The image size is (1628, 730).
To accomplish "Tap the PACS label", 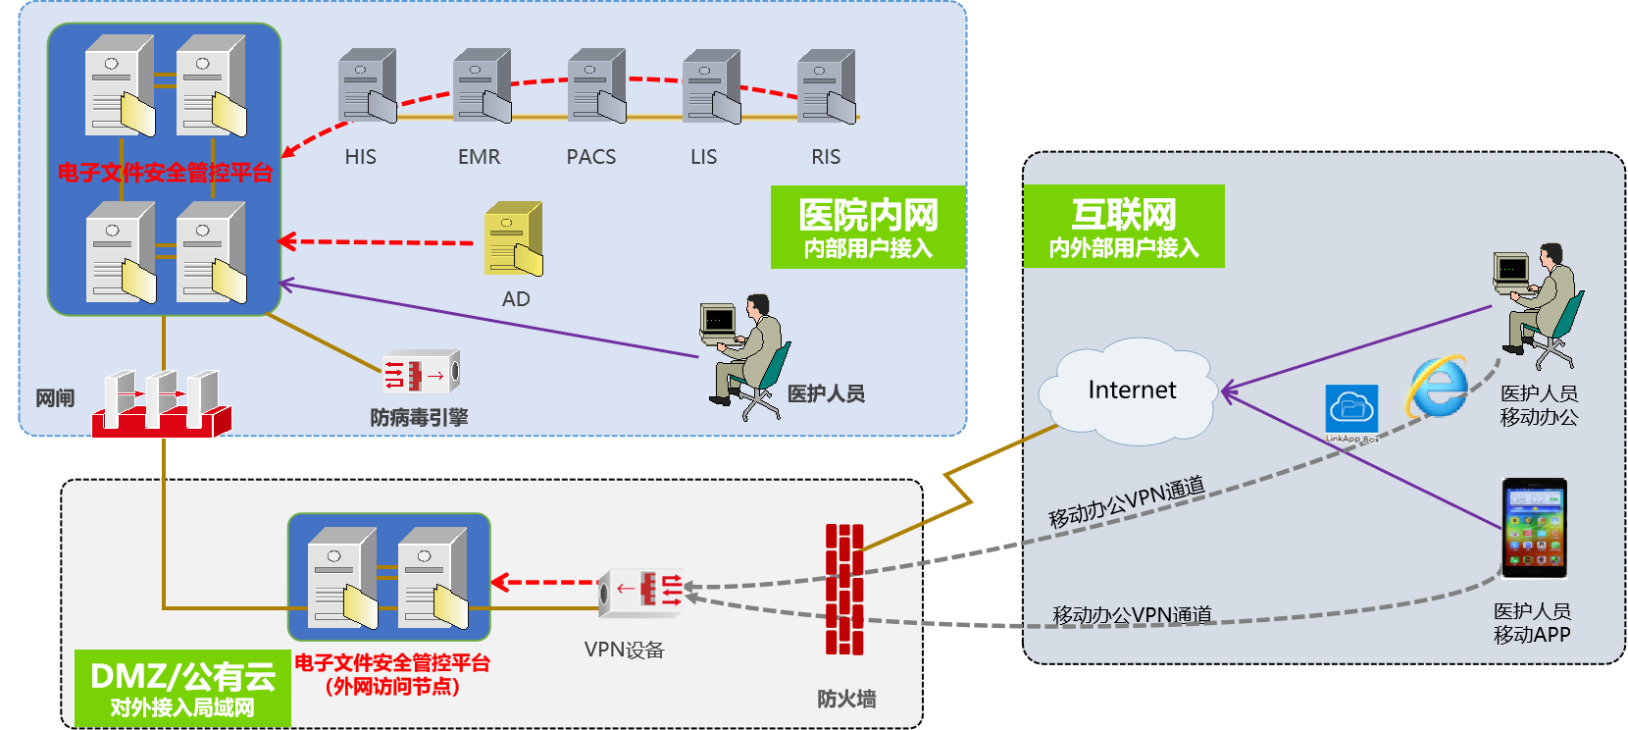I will coord(591,157).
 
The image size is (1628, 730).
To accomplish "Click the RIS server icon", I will coord(827,86).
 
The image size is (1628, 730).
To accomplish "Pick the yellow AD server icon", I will coord(513,239).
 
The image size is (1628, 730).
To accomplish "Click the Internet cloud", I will coord(1131,391).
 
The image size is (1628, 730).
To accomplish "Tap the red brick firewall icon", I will coord(843,589).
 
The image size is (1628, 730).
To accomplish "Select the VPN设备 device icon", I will coord(641,592).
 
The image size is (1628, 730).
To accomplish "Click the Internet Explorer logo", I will coord(1437,387).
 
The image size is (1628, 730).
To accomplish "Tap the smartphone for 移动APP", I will coord(1534,528).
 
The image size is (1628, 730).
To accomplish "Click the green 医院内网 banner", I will coord(868,227).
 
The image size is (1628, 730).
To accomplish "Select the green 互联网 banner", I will coord(1124,227).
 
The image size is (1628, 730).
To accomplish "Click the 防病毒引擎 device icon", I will coord(421,373).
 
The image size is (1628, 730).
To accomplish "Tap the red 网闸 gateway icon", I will coord(162,403).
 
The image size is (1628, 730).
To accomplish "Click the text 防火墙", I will coord(846,699).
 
